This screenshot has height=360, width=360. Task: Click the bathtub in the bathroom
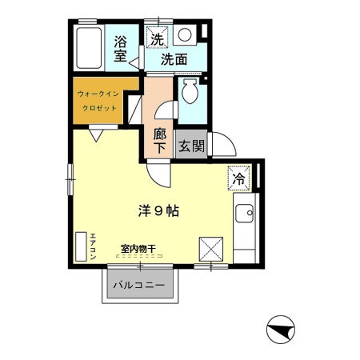click(x=89, y=48)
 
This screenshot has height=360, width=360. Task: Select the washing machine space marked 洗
click(x=157, y=38)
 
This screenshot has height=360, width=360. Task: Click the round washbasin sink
click(x=185, y=35)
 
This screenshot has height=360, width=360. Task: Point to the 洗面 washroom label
click(x=174, y=59)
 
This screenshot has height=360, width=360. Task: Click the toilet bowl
click(x=190, y=91)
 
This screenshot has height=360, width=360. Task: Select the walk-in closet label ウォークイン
click(x=98, y=94)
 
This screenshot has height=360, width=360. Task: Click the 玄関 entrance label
click(x=191, y=146)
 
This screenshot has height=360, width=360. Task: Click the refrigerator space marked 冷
click(x=239, y=178)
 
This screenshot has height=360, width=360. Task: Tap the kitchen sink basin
click(x=245, y=214)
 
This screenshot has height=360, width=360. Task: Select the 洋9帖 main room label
click(x=158, y=211)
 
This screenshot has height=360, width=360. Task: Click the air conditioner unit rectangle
click(x=81, y=246)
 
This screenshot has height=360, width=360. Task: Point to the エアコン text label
click(x=93, y=246)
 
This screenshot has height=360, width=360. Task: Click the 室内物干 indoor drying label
click(x=138, y=249)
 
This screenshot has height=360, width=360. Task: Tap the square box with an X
click(x=211, y=250)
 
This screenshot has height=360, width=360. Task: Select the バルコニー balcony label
click(x=139, y=286)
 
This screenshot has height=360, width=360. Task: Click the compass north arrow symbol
click(x=281, y=330)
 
